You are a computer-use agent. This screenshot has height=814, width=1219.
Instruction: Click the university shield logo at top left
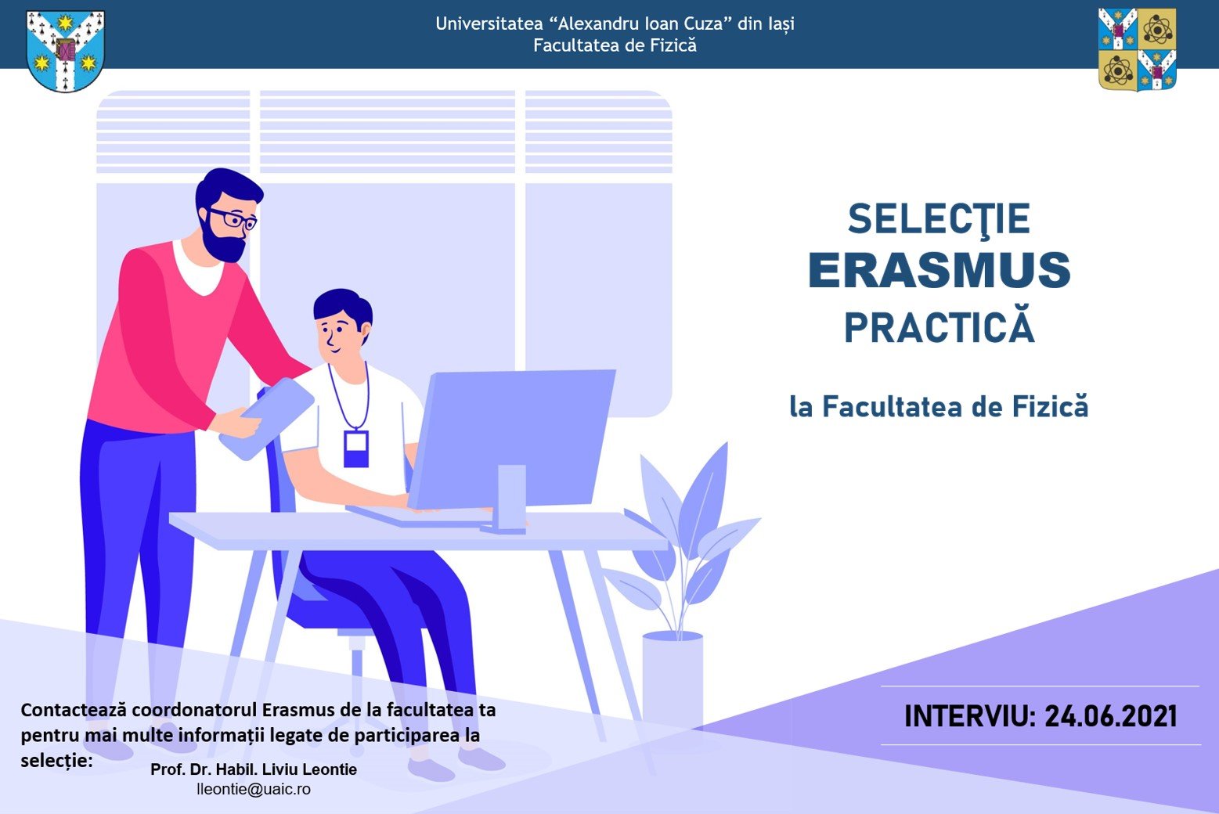click(65, 51)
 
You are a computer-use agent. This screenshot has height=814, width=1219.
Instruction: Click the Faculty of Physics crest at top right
click(1138, 49)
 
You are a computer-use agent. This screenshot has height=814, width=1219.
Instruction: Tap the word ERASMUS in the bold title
click(939, 271)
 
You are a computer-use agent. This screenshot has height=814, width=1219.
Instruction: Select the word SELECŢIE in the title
click(939, 219)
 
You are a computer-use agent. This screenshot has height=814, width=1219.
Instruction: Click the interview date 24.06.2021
click(1111, 716)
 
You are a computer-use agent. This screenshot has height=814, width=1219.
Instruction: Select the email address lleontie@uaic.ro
click(254, 789)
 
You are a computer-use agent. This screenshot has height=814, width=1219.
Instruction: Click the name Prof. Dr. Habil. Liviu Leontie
click(254, 769)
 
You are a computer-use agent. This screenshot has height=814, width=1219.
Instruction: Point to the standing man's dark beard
click(222, 242)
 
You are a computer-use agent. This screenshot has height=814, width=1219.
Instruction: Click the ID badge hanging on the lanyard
click(356, 449)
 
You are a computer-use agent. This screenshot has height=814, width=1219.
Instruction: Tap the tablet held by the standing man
click(267, 419)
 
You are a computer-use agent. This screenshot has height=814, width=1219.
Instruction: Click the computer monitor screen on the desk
click(512, 438)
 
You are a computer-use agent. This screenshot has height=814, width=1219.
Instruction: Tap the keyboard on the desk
click(419, 516)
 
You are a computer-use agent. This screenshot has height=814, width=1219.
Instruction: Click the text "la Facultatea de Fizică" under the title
click(939, 407)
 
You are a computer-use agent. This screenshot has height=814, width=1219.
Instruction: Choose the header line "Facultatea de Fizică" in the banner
click(615, 45)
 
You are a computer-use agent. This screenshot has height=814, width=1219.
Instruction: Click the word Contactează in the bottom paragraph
click(74, 710)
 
